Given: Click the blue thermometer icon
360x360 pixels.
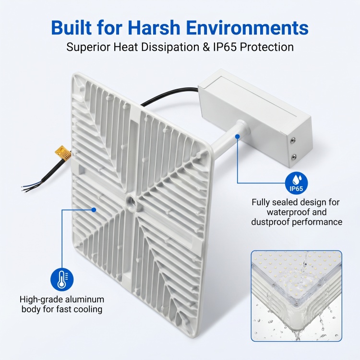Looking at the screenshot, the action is coord(62,280).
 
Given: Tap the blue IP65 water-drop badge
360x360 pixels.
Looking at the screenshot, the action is coord(297,183).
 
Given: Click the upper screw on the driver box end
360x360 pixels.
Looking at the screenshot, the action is coord(293,141).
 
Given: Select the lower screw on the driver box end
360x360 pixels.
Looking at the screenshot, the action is coord(294,157).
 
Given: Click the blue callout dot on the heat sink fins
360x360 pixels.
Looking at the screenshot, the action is coord(94,210).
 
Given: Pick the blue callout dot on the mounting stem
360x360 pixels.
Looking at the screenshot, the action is coord(238,136).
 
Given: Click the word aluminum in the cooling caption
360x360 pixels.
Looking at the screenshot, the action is coord(85,300).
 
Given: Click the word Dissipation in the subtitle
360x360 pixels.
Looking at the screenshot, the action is coord(170,47).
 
